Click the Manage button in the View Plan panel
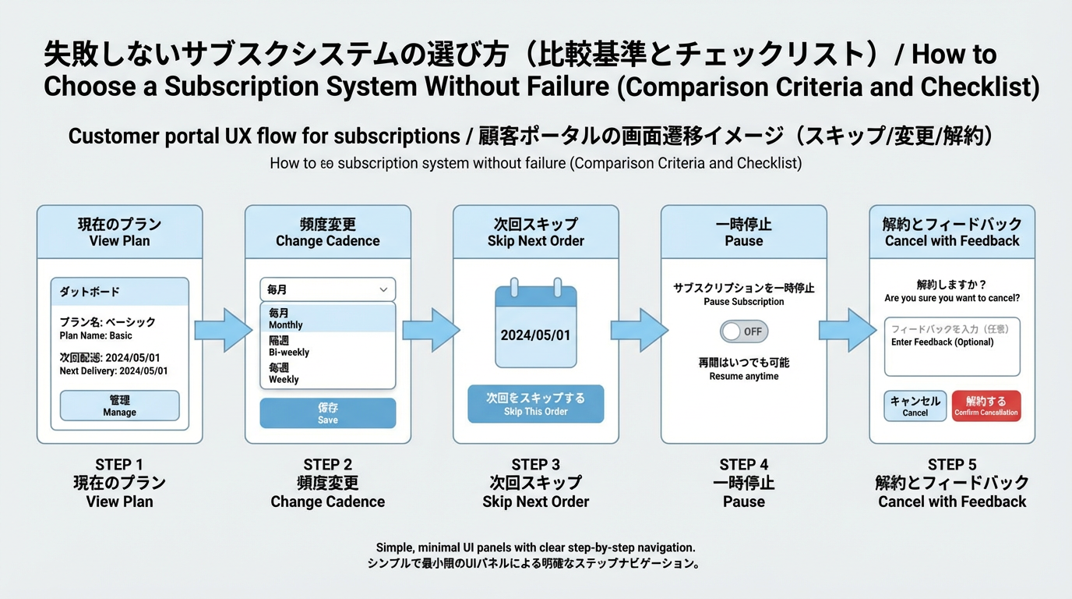click(119, 406)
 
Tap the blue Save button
click(327, 413)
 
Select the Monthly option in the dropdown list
click(327, 318)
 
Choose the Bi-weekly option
click(327, 346)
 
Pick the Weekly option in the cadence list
click(327, 373)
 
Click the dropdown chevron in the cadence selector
click(383, 289)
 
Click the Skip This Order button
click(535, 404)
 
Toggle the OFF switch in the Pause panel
click(743, 331)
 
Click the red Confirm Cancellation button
click(986, 406)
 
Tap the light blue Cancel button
click(915, 406)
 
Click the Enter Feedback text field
click(951, 347)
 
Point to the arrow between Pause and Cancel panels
click(848, 330)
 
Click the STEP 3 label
click(535, 465)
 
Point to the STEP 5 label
click(951, 465)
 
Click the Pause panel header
click(743, 232)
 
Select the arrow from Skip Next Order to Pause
click(640, 330)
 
